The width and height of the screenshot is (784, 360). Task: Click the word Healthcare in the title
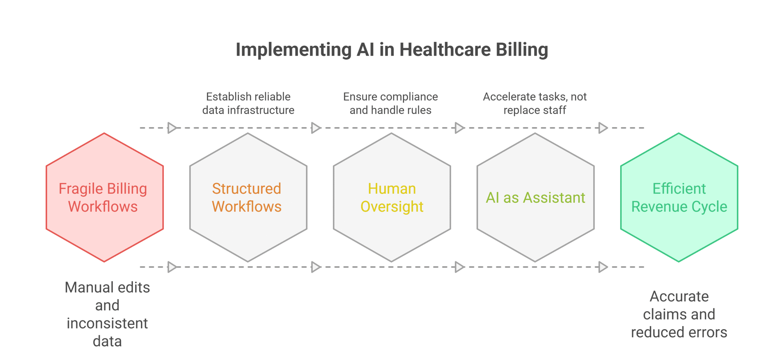(445, 49)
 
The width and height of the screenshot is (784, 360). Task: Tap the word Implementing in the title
(294, 50)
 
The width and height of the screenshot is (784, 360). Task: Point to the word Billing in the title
(522, 50)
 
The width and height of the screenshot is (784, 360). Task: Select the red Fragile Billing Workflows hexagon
(105, 197)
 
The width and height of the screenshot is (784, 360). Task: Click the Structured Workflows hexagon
(248, 197)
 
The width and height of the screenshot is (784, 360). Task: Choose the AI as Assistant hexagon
(536, 197)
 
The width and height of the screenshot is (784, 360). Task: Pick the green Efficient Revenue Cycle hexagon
(679, 197)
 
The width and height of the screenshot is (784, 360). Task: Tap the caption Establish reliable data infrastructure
(248, 103)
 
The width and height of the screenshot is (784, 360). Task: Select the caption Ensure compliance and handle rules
(390, 103)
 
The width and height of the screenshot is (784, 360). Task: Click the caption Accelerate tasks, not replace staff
(535, 103)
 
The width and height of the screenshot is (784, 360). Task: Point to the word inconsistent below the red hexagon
(107, 323)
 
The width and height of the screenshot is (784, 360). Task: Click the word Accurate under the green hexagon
(679, 296)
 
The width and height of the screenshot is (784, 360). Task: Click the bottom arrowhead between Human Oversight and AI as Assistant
(460, 267)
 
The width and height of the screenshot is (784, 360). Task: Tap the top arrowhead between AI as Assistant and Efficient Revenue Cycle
(603, 128)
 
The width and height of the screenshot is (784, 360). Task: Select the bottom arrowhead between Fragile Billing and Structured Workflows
(172, 267)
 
